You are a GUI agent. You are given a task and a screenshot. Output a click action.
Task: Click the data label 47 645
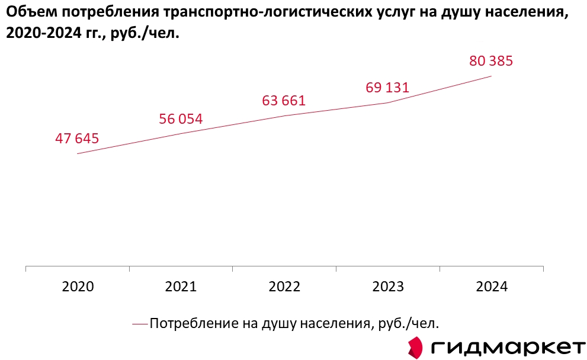pos(77,139)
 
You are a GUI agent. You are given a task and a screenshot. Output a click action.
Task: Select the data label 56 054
pos(181,119)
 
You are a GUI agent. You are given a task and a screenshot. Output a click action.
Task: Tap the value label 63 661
pos(284,101)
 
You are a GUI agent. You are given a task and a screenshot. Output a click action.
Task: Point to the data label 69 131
pos(387,88)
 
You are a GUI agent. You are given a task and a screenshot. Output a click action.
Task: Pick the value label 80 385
pos(490,61)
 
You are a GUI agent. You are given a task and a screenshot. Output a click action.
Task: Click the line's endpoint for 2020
pos(78,154)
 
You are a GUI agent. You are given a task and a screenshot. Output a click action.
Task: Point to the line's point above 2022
pos(284,115)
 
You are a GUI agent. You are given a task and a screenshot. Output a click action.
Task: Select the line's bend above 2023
pos(388,102)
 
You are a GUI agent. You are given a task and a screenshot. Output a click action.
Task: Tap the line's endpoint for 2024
pos(491,76)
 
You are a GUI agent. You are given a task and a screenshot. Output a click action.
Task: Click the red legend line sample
pos(140,323)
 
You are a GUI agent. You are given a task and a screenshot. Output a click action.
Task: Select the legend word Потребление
pos(187,323)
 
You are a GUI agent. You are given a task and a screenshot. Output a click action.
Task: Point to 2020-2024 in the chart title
pos(43,34)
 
